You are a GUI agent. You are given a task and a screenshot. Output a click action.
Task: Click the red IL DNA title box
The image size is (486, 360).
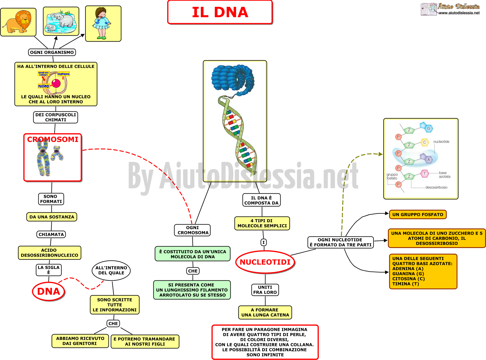pos(220,12)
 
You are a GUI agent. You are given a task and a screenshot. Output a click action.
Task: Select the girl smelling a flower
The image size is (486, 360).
pos(102,23)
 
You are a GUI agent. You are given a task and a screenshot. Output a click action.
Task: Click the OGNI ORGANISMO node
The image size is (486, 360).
pos(52,52)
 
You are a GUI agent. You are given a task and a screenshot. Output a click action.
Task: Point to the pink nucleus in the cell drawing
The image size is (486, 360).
pos(56,83)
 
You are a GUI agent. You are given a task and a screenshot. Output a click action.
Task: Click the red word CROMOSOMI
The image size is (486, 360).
pos(53,139)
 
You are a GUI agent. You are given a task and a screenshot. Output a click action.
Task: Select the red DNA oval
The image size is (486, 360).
pos(49,291)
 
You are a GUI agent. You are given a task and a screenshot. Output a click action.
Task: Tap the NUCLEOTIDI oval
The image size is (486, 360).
pos(265,262)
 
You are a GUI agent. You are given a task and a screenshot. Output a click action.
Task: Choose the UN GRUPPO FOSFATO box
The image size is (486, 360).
pos(418,214)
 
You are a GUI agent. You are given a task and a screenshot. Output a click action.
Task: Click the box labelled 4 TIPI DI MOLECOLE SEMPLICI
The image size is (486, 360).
pos(262,223)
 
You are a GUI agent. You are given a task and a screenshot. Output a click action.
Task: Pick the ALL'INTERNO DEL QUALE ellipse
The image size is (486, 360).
pos(111,270)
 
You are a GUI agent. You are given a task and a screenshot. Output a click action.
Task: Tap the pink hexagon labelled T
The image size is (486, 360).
pos(424,174)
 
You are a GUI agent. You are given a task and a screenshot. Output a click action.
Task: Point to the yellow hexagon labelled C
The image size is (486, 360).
pos(424,142)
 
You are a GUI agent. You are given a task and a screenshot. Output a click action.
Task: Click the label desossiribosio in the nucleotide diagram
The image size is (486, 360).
pos(436,187)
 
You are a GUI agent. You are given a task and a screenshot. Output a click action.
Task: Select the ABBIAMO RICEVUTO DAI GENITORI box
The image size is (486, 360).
pos(80,341)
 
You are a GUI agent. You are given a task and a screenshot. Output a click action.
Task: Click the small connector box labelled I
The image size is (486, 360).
pos(264,242)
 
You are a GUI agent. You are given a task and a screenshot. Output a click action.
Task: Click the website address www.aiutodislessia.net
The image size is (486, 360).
pos(459,13)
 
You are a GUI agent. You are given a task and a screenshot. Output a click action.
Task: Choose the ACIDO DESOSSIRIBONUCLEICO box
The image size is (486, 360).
pos(50,253)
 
